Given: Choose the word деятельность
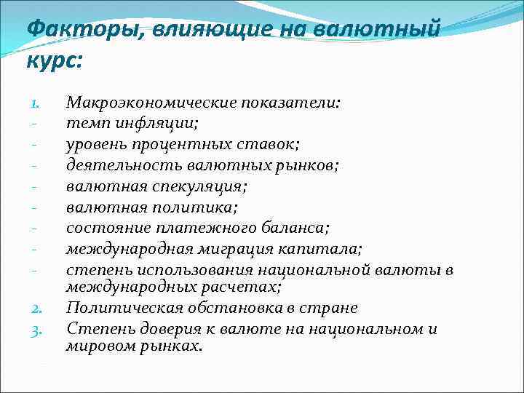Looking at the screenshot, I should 113,165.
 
